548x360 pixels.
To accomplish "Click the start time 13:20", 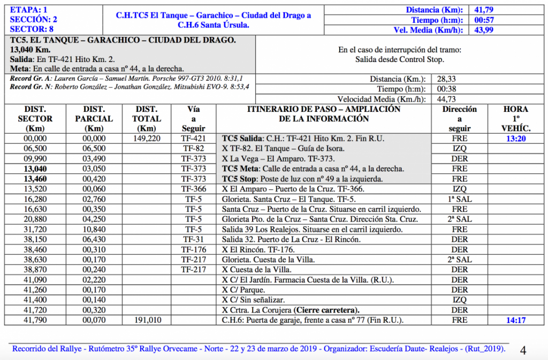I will point(515,139).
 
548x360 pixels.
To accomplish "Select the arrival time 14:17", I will point(515,320).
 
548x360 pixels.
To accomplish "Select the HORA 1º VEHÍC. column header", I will point(515,119).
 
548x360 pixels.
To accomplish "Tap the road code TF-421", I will point(193,139).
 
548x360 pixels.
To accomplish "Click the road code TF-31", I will point(193,240).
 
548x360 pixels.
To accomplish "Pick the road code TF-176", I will point(193,250).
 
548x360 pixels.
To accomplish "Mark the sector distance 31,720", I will point(35,229).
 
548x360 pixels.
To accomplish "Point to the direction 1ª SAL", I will point(459,199).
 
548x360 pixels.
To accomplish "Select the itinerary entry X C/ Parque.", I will point(242,290).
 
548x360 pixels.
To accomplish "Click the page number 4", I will point(523,351).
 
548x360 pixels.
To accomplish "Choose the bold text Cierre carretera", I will point(326,310).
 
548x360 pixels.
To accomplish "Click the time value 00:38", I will point(446,89).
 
